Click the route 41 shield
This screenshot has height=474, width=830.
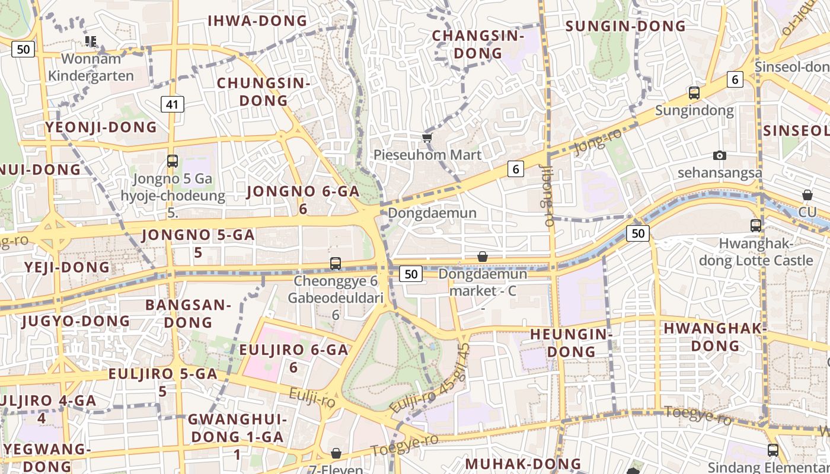coord(172,105)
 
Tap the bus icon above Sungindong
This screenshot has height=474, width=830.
coord(694,93)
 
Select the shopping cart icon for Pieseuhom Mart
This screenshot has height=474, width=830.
coord(427,138)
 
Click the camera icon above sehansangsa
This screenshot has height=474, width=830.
coord(720,155)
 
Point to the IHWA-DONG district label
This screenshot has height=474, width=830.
coord(257,21)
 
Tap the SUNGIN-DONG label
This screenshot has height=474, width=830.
coord(625,26)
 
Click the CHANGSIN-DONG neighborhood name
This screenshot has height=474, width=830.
coord(478,44)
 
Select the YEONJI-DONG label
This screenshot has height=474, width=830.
coord(101,127)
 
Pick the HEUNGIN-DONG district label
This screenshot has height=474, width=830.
coord(571,342)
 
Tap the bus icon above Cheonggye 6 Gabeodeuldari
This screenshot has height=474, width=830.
coord(336,263)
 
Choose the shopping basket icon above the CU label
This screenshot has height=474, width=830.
coord(807,195)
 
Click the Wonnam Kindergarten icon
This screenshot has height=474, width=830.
coord(91,41)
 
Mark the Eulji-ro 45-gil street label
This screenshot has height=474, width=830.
coord(430,379)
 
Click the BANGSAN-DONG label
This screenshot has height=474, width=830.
coord(188,313)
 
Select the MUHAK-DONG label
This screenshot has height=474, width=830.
coord(523,463)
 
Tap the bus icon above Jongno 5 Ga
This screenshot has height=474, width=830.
coord(172,161)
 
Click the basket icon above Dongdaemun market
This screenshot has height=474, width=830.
coord(483,257)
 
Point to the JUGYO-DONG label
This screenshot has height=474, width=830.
coord(75,321)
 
